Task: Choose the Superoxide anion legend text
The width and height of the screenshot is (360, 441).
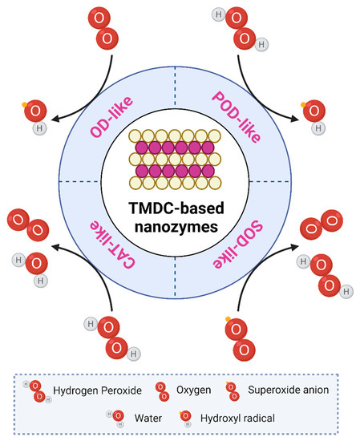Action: pos(290,390)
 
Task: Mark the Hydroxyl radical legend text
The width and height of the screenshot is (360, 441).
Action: pos(232,416)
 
